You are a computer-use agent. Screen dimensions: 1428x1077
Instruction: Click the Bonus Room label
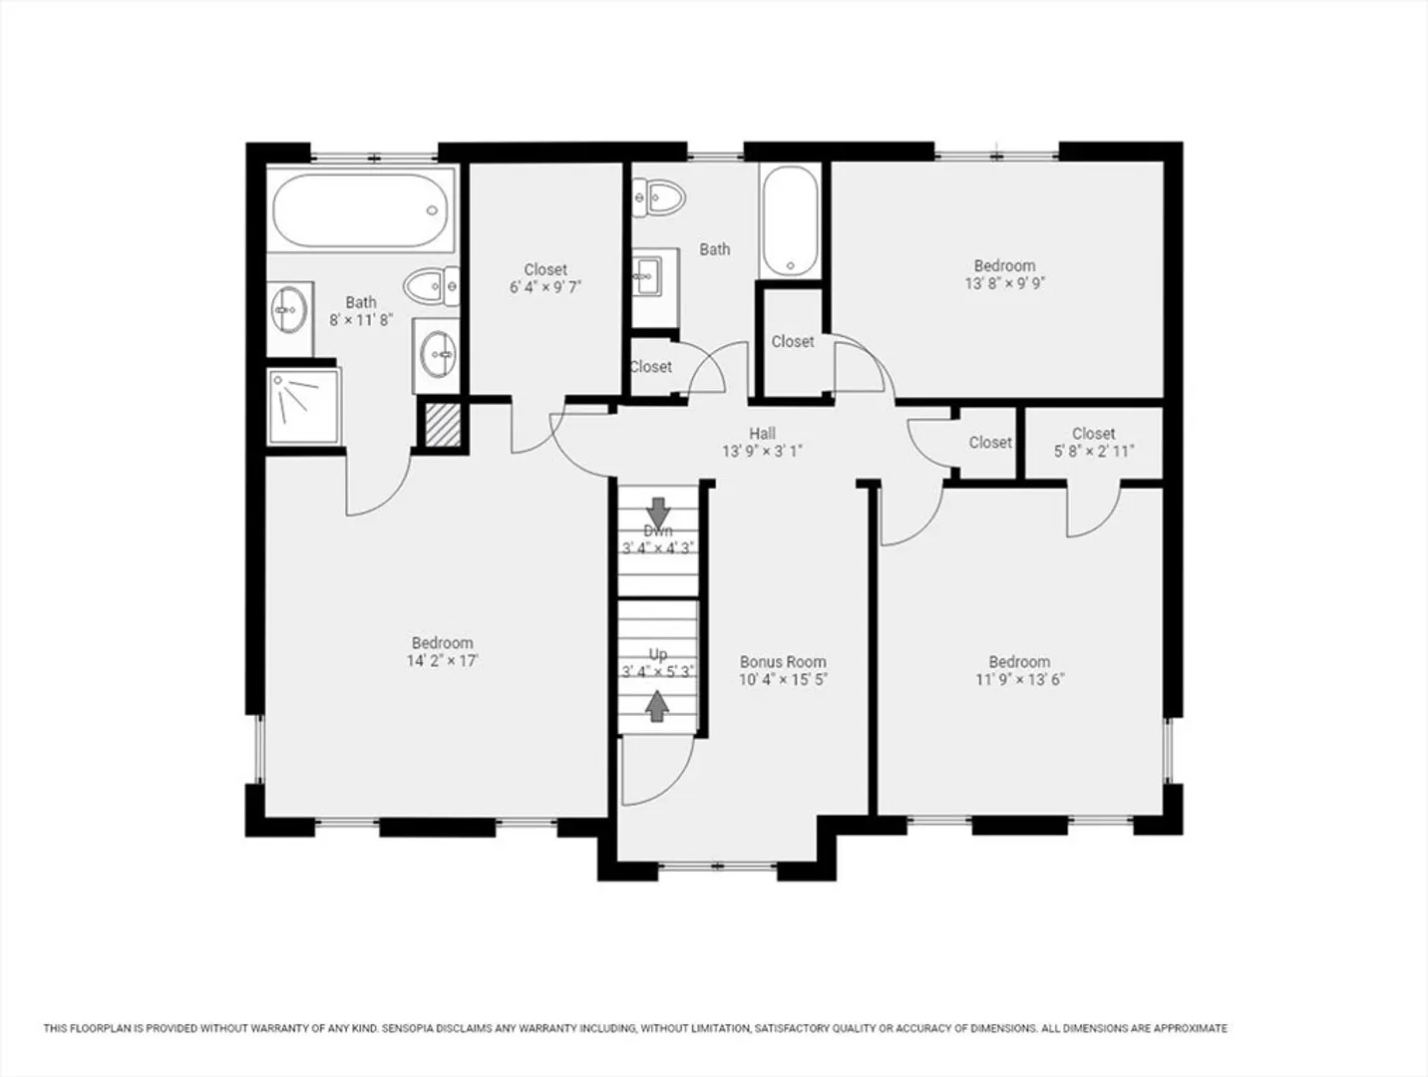point(783,662)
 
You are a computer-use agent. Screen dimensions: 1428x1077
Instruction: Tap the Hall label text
point(762,433)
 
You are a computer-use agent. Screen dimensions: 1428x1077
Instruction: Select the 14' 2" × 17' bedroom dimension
point(443,661)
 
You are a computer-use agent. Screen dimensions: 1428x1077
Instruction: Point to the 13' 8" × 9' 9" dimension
point(1005,283)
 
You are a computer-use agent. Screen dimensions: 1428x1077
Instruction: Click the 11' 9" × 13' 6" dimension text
point(1019,680)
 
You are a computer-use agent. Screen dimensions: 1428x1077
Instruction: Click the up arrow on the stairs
point(657,706)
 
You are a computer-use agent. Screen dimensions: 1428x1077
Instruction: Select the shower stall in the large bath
point(304,407)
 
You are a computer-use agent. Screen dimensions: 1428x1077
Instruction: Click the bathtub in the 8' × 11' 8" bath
point(360,210)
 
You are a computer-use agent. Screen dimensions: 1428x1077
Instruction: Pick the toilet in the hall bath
point(658,196)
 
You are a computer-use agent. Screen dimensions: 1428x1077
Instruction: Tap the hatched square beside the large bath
point(443,425)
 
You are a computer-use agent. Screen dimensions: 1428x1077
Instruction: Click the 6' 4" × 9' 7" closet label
point(545,278)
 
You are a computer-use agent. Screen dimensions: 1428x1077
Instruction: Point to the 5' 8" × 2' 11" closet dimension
point(1094,451)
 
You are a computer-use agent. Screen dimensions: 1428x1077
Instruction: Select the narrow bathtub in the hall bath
point(791,221)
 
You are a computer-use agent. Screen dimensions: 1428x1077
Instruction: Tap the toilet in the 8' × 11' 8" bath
point(431,286)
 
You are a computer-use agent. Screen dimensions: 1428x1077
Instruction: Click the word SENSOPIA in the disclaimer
point(406,1028)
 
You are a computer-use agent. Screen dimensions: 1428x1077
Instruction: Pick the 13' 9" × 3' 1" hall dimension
point(762,451)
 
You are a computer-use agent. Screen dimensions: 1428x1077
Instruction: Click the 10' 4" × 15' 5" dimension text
point(783,680)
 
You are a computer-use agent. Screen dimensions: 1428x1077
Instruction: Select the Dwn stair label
point(658,531)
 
